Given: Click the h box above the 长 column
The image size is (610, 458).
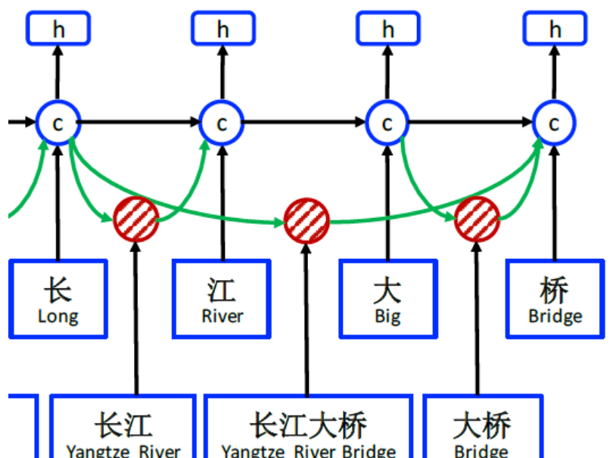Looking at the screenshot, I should point(58,29).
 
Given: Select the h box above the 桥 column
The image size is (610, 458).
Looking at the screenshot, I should point(555,29).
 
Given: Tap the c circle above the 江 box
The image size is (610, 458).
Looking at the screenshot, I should point(223,123).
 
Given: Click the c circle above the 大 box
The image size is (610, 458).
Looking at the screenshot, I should point(387,123).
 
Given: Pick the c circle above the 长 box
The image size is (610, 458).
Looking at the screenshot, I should point(58,123).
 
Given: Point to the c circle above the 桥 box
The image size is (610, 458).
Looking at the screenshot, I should point(555,123).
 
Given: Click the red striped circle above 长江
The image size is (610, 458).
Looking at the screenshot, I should point(136,219).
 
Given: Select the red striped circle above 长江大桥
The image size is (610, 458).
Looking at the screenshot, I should point(307,223).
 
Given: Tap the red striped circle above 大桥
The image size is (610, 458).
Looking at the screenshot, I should point(477,219).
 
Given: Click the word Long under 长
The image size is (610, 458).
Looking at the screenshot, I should point(58,316).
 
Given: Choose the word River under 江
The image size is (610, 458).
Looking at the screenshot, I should point(223,316).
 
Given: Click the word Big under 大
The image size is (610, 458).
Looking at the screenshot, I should point(387,316).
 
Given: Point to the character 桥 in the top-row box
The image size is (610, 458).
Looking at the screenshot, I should point(555,290).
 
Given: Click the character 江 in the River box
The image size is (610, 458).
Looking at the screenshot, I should point(222,290).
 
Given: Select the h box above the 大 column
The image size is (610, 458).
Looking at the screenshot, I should point(387,29).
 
